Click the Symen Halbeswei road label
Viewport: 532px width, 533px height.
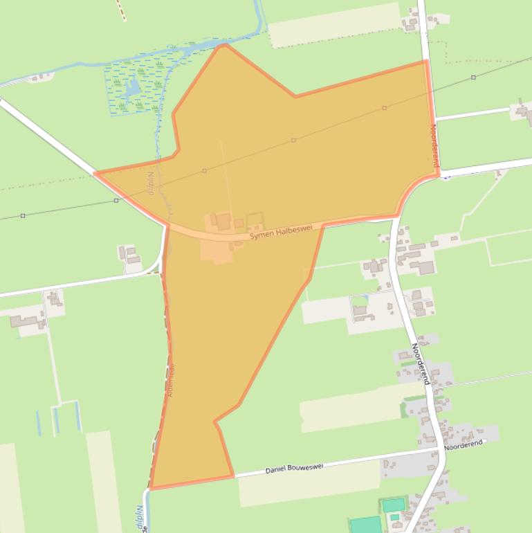[281, 232]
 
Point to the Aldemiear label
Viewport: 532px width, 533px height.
[171, 379]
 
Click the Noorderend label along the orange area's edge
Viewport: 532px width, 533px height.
[434, 145]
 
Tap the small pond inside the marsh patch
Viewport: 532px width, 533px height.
[131, 87]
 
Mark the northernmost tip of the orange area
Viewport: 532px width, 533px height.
[223, 46]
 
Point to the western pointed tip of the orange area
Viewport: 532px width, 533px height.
[95, 174]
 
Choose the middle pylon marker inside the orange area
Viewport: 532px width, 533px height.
[293, 141]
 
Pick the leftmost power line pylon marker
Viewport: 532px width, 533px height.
[23, 216]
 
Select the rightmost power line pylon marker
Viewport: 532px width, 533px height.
[473, 78]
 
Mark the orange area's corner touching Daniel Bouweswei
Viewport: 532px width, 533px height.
[233, 476]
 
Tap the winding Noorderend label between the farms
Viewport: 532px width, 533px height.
[421, 363]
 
